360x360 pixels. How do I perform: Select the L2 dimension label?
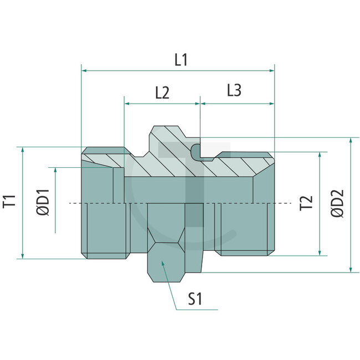[x=162, y=92]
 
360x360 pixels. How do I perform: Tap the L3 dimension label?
[x=234, y=90]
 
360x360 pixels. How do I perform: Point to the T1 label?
[x=9, y=202]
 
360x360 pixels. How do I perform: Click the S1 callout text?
[x=196, y=300]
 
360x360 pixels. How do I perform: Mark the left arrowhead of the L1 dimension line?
[x=84, y=70]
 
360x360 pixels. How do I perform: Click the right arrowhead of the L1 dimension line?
[x=272, y=70]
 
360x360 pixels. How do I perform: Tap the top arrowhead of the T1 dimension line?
[x=22, y=150]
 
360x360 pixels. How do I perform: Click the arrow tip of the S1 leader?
[x=162, y=263]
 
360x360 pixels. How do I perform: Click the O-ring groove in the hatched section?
[x=197, y=151]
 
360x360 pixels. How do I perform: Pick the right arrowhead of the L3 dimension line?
[x=272, y=104]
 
